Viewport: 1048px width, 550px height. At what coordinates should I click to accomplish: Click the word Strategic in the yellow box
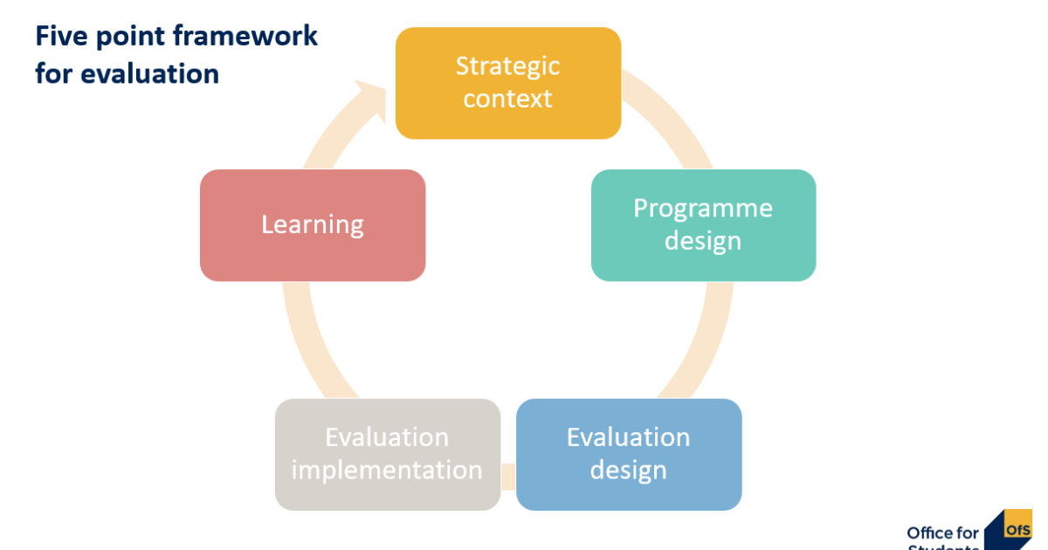pyautogui.click(x=507, y=65)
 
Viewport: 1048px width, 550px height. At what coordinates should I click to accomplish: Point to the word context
pyautogui.click(x=507, y=99)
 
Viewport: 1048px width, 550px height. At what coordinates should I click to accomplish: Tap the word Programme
pyautogui.click(x=703, y=208)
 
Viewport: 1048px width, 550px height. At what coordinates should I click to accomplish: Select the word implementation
pyautogui.click(x=387, y=470)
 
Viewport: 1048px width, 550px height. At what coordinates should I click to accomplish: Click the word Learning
pyautogui.click(x=313, y=224)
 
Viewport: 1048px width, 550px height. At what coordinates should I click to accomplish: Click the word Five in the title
pyautogui.click(x=59, y=37)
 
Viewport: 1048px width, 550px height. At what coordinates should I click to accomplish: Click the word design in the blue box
pyautogui.click(x=628, y=470)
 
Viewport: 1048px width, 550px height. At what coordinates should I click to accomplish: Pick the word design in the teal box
pyautogui.click(x=703, y=240)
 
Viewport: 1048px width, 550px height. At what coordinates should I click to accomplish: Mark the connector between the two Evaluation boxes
pyautogui.click(x=508, y=477)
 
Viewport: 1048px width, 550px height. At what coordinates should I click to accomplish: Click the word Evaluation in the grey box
pyautogui.click(x=387, y=437)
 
